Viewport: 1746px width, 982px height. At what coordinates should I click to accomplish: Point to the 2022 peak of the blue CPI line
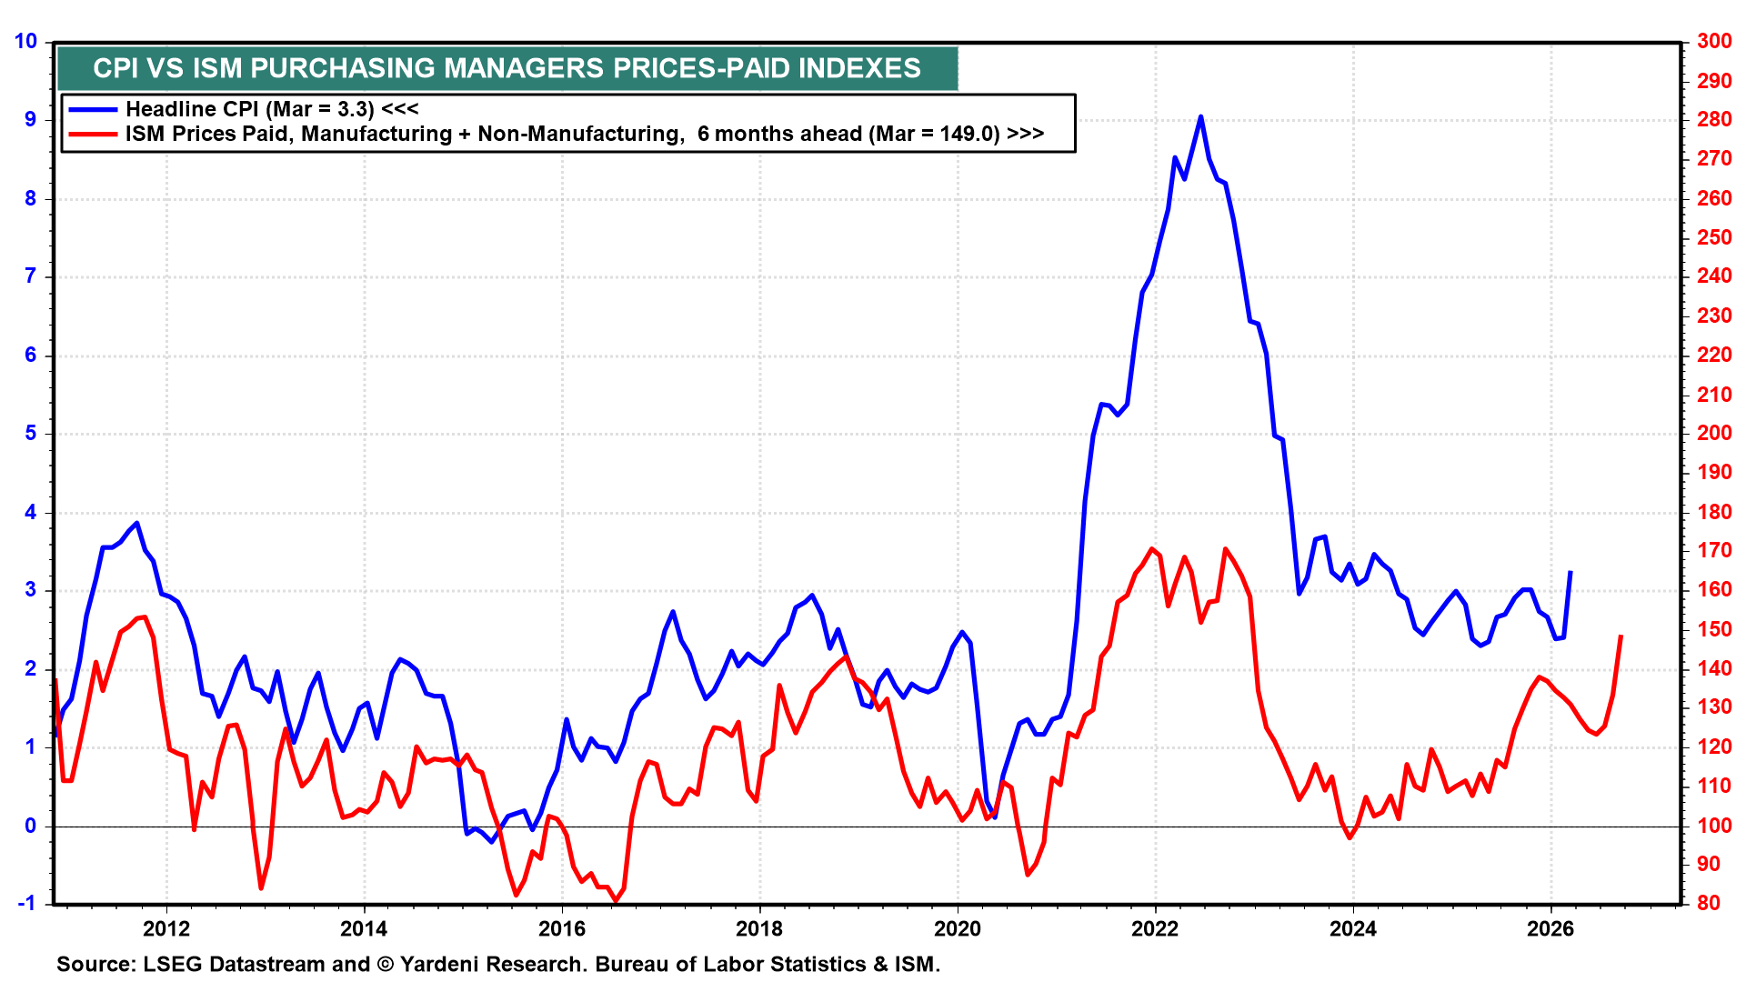(1200, 116)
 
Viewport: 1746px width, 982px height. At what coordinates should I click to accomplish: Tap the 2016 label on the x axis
(561, 928)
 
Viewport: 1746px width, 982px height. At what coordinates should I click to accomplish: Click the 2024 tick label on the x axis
(1352, 928)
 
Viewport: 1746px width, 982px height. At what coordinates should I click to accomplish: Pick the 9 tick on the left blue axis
(31, 119)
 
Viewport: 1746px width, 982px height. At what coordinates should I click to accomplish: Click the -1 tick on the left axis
(27, 903)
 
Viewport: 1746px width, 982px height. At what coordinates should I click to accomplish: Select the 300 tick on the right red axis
(1714, 41)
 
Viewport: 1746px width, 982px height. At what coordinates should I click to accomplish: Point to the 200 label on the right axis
(1714, 433)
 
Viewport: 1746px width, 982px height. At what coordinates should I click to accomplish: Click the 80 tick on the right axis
(1710, 903)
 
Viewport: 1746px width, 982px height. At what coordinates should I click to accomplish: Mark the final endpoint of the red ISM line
(1621, 636)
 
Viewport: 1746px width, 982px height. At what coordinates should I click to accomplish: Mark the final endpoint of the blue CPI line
(1570, 572)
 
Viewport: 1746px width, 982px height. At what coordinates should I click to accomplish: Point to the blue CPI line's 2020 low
(994, 817)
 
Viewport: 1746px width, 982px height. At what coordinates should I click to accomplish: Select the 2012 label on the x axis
(166, 928)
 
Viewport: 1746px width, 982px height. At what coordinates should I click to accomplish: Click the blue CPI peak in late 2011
(136, 523)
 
